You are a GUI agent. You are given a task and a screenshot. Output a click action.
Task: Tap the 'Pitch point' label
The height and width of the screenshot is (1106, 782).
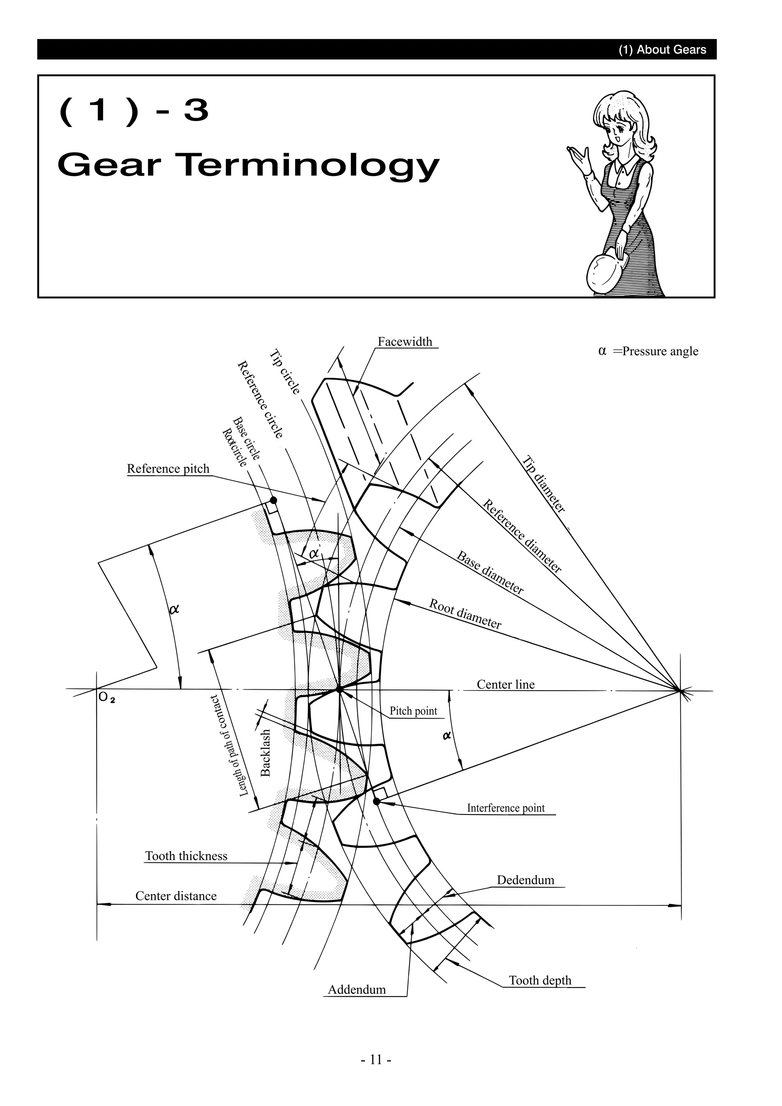[413, 711]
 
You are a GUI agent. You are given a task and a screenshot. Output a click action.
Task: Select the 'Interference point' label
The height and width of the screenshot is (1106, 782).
[506, 808]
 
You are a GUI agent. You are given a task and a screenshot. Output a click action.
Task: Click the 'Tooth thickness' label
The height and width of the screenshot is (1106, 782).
[186, 855]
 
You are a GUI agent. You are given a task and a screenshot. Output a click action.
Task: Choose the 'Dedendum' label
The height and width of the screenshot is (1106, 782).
[525, 880]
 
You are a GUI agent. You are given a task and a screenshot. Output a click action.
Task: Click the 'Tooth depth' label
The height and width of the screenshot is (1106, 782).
[540, 980]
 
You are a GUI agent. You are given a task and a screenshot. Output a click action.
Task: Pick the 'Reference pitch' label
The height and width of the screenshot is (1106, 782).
[168, 468]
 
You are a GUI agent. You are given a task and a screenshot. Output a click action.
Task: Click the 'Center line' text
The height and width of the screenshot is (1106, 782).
[506, 684]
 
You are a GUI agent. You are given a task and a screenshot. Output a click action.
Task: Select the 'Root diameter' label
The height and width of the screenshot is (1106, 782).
[465, 614]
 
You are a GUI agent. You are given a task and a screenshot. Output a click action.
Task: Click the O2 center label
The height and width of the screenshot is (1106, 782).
[107, 697]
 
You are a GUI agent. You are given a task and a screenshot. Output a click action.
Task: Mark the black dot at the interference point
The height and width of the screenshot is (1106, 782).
[376, 801]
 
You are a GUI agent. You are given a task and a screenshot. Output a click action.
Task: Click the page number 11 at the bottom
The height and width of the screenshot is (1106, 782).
[376, 1059]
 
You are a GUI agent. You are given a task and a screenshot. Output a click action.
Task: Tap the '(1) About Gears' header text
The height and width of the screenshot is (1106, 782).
[662, 50]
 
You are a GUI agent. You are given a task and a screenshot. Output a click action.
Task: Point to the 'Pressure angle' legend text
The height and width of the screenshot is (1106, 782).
[660, 351]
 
